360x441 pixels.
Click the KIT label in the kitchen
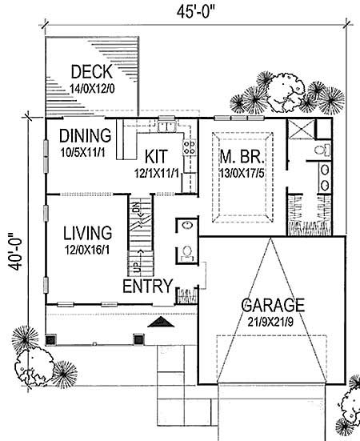(158, 154)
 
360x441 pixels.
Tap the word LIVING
(87, 234)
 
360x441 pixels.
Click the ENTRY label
(145, 287)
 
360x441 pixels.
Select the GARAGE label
(274, 306)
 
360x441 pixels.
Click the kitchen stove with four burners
(190, 147)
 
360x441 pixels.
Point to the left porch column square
(50, 339)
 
